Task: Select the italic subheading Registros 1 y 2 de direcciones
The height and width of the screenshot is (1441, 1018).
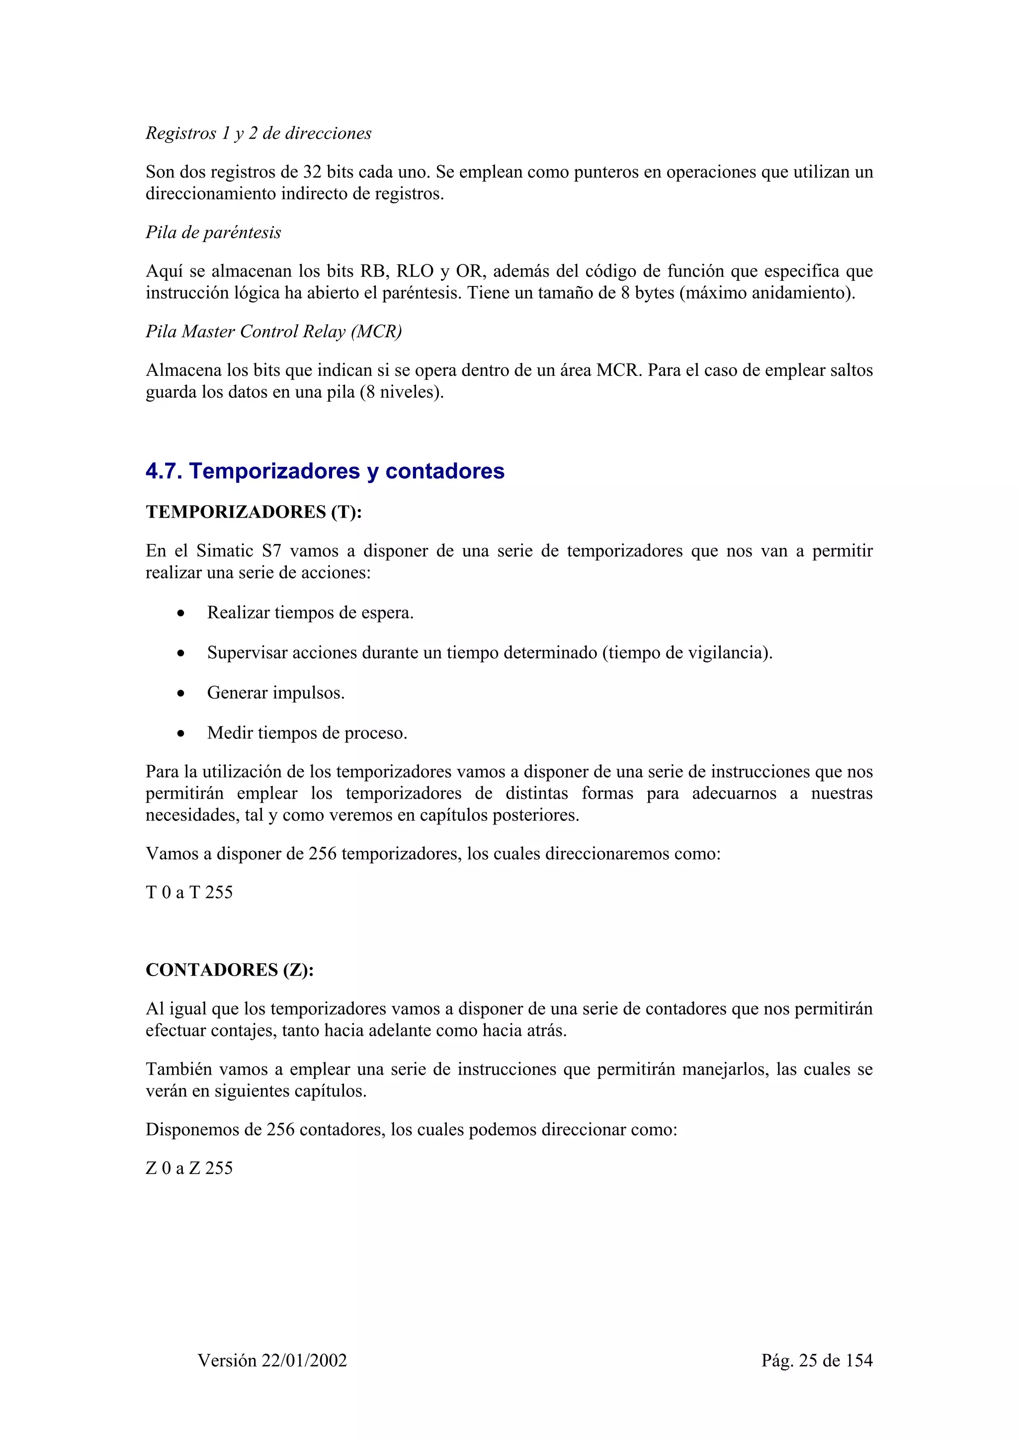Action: tap(258, 133)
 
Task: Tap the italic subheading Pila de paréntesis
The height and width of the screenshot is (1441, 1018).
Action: tap(213, 232)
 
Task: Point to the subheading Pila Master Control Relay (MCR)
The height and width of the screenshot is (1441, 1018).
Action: tap(273, 331)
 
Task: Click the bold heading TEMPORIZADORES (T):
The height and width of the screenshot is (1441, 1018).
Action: tap(254, 512)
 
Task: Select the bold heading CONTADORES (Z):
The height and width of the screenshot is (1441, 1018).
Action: tap(230, 970)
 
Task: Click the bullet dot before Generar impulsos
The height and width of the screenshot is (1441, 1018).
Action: tap(180, 694)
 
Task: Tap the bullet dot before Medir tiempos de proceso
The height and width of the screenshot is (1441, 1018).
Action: tap(180, 734)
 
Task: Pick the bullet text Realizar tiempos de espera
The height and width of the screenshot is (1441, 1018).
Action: tap(310, 613)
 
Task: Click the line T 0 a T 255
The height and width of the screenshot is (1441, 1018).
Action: tap(189, 893)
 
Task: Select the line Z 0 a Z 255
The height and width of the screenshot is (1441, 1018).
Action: tap(189, 1168)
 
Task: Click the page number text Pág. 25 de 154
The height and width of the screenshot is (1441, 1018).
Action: tap(817, 1360)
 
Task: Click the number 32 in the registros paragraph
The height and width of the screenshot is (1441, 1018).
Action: tap(312, 172)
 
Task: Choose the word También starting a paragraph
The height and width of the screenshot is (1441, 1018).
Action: tap(179, 1070)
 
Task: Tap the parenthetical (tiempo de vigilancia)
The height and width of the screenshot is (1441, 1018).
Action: tap(687, 653)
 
